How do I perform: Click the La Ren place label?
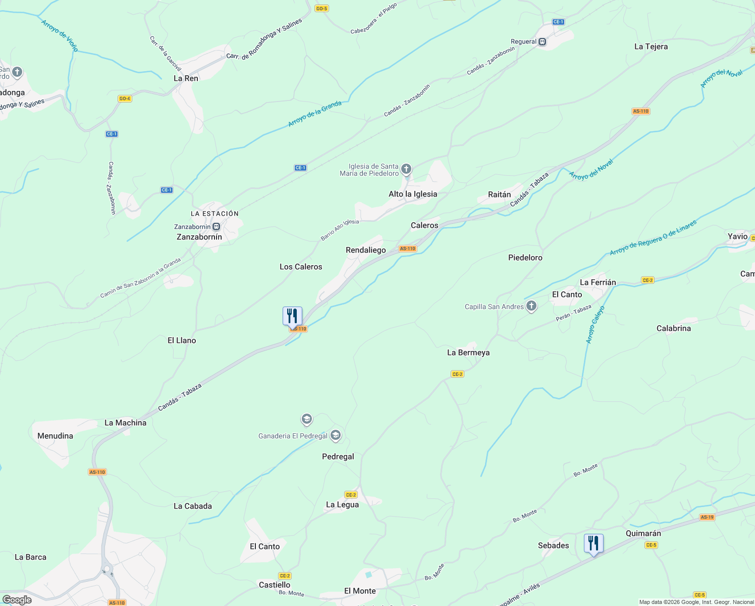point(186,78)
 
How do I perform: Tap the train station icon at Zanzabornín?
point(217,227)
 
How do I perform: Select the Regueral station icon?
point(543,42)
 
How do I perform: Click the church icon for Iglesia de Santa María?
point(406,169)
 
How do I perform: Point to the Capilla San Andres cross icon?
point(531,306)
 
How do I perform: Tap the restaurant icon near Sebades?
point(594,544)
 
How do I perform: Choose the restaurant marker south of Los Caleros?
point(292,317)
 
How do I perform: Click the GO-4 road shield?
point(125,98)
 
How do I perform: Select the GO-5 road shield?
point(321,9)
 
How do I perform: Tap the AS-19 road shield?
point(707,517)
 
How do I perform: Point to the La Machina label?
point(125,423)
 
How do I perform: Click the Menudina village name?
point(55,436)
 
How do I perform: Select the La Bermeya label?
point(468,352)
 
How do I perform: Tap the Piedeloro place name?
point(525,258)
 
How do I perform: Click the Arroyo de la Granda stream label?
point(314,114)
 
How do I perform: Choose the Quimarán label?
point(643,533)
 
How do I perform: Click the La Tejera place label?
point(651,46)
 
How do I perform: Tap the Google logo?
point(17,599)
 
